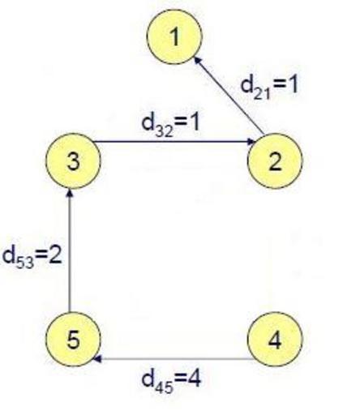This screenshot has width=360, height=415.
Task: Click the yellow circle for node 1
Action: (x=174, y=36)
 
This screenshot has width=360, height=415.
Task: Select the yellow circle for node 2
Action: (x=275, y=161)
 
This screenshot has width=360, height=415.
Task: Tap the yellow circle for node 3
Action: (x=73, y=161)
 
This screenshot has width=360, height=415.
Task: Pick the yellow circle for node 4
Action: (x=275, y=340)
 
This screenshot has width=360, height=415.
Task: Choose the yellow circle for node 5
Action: (x=73, y=340)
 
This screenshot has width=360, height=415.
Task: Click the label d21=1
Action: (x=269, y=87)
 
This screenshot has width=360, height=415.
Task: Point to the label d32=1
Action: (x=170, y=124)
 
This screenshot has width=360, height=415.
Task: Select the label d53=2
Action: (x=32, y=255)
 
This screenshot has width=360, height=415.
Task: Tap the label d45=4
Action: (x=171, y=380)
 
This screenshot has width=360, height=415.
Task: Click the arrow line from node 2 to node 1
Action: (x=229, y=95)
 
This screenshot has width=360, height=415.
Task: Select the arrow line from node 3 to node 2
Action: (x=174, y=141)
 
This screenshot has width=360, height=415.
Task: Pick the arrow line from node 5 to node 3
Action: (x=70, y=250)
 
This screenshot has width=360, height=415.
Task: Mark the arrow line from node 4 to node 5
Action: (x=174, y=359)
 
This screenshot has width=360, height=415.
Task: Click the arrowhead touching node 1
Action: (x=198, y=60)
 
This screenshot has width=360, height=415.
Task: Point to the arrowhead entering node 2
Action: (x=251, y=141)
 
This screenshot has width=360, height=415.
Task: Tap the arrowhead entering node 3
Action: (x=70, y=193)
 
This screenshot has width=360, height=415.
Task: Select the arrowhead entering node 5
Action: (x=97, y=359)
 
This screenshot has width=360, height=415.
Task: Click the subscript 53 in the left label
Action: (x=25, y=262)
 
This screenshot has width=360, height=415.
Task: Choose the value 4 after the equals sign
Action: (x=195, y=377)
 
